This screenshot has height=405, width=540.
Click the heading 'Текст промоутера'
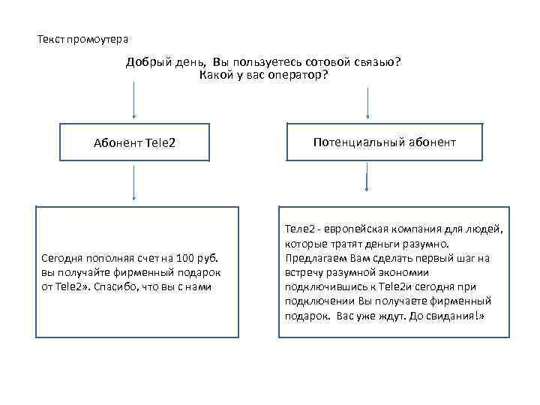click(83, 38)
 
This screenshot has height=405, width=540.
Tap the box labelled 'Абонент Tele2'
click(134, 142)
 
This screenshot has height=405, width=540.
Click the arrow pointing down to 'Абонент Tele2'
click(134, 100)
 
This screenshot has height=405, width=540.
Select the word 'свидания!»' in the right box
click(458, 316)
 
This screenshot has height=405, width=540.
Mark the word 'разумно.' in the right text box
click(425, 244)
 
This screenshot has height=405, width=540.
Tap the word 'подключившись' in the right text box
click(321, 286)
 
